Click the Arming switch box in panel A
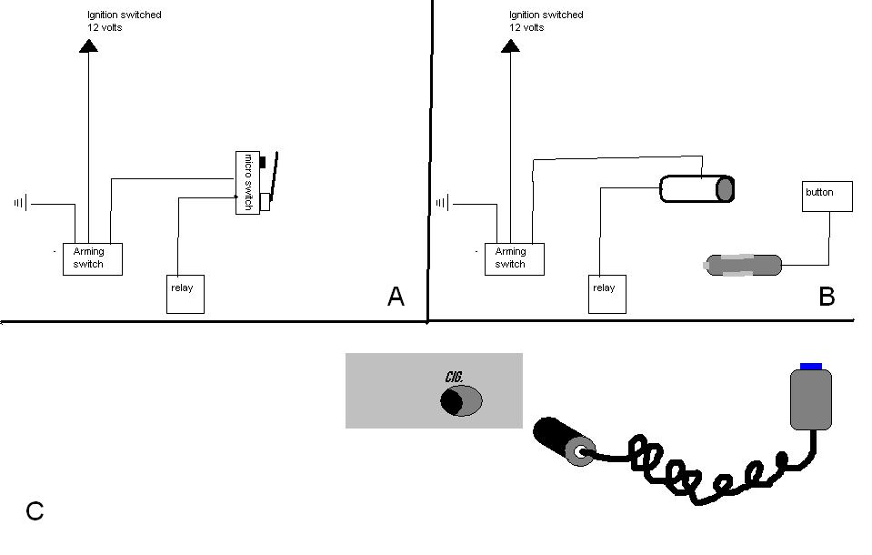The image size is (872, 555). coord(93,259)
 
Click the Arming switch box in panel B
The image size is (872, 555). coord(515,259)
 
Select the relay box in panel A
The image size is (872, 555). coord(185,294)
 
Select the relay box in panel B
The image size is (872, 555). coord(607,294)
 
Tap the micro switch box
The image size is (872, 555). coord(247,183)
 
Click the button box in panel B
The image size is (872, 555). coord(827,197)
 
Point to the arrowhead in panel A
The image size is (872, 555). coord(88,45)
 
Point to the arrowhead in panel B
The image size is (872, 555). coord(510,45)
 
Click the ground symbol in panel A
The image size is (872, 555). coord(21,204)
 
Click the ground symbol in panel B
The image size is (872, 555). coord(443,204)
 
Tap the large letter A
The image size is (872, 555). coord(396,296)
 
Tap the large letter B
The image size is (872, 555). coord(827,296)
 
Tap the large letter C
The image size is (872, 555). coord(35,511)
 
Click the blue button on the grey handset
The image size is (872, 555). coord(811,367)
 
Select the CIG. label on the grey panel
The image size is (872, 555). coord(455,377)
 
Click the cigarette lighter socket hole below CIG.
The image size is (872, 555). coord(461,401)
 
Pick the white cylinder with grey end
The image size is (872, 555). coord(697,188)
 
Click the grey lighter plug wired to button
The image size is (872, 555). coord(743,265)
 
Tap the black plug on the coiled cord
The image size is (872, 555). coord(564,441)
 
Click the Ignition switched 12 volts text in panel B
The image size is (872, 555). coord(546,21)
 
